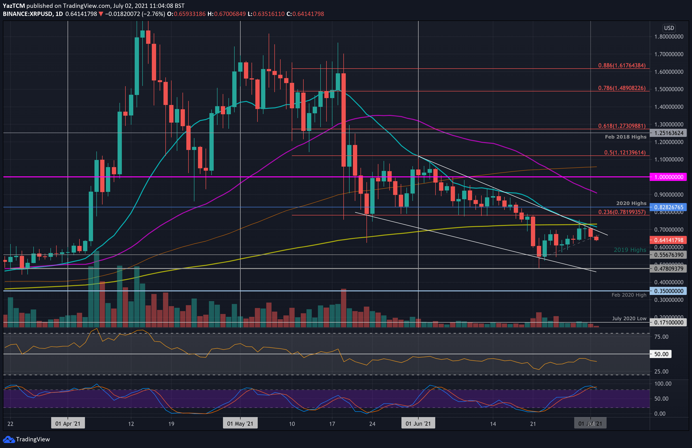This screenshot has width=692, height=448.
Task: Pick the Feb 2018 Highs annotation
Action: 625,137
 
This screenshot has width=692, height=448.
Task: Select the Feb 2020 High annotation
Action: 629,295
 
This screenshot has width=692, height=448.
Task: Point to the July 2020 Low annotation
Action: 629,319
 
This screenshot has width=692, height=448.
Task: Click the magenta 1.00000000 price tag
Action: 668,177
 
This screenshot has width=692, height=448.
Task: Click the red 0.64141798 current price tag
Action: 668,240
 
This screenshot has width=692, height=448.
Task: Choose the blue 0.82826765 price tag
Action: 668,207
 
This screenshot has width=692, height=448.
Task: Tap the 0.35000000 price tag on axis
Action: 668,291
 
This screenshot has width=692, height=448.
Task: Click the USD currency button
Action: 669,28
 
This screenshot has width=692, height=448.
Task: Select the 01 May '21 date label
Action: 240,423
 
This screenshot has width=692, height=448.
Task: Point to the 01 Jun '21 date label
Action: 418,423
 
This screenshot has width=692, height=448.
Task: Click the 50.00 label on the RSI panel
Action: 661,354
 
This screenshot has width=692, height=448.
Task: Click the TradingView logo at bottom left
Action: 26,439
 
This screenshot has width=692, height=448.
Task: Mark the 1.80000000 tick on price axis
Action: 668,37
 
